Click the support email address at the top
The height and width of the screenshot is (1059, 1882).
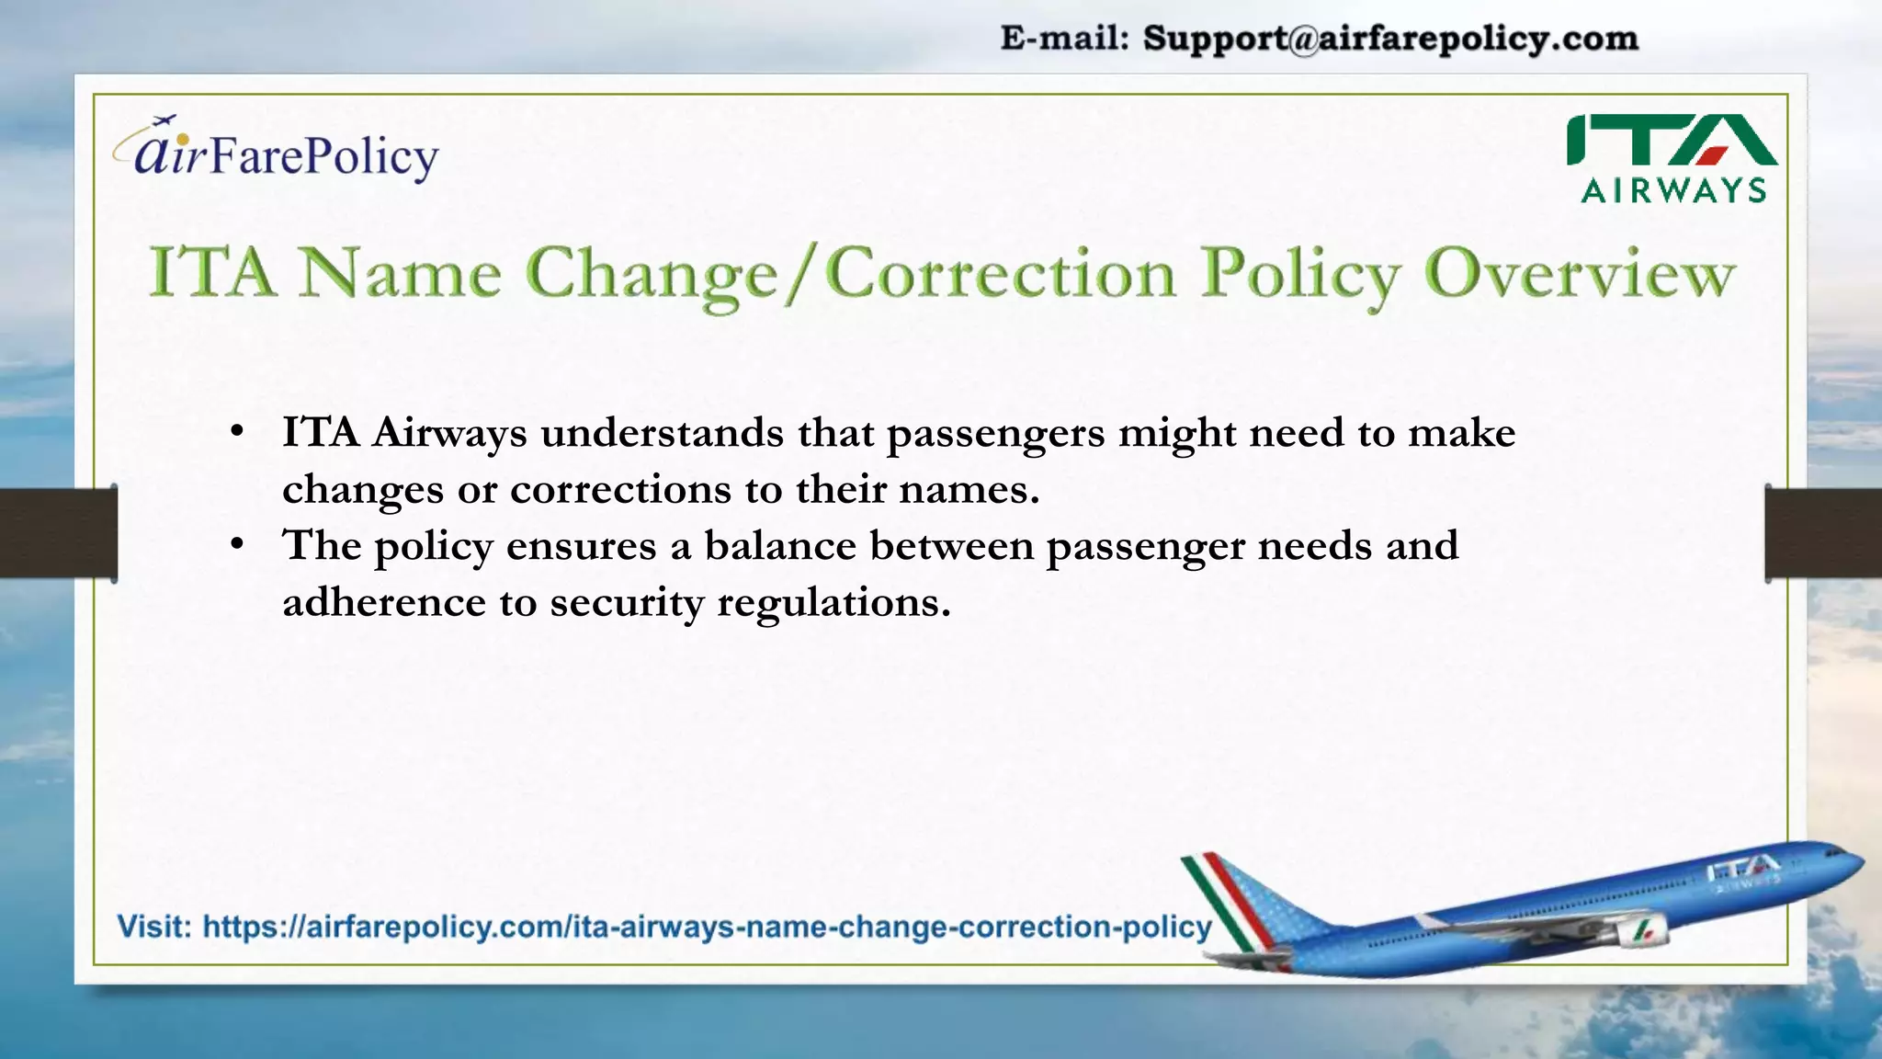1390,39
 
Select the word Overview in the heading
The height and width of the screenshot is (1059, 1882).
1580,274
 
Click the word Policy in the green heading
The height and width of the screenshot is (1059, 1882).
1300,274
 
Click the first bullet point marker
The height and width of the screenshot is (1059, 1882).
237,431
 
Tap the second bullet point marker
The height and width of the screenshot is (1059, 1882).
237,544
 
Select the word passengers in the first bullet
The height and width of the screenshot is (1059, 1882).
995,434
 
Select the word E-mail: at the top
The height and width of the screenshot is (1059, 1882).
1064,39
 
